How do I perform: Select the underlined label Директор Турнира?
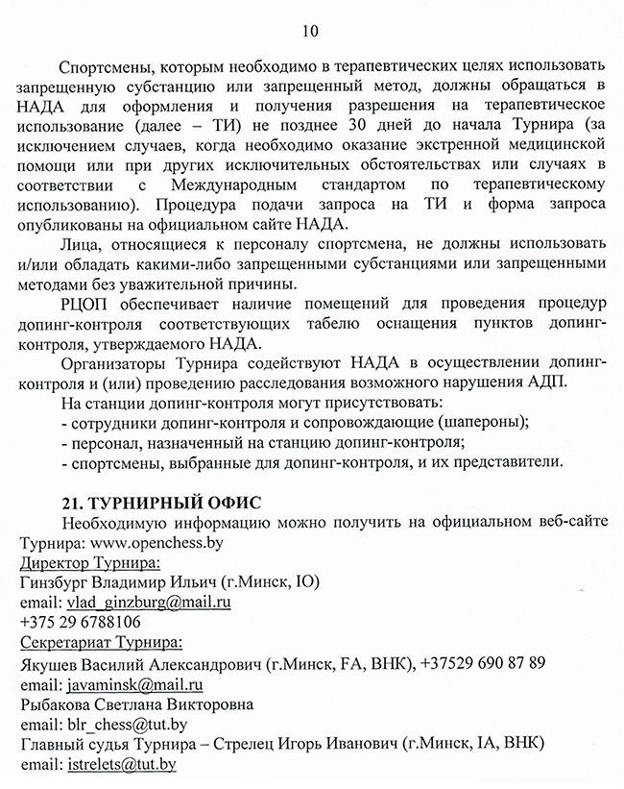[x=90, y=562]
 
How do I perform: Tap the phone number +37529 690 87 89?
[x=482, y=663]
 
